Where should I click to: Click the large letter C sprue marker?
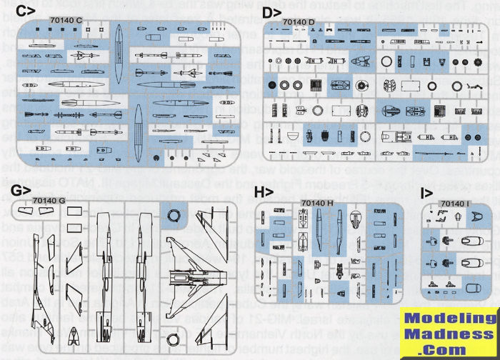(x=23, y=11)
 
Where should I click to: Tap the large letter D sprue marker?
(x=271, y=12)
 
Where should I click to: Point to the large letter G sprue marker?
(x=21, y=191)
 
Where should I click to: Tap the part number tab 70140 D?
(x=299, y=23)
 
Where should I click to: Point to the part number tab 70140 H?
(x=318, y=203)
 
